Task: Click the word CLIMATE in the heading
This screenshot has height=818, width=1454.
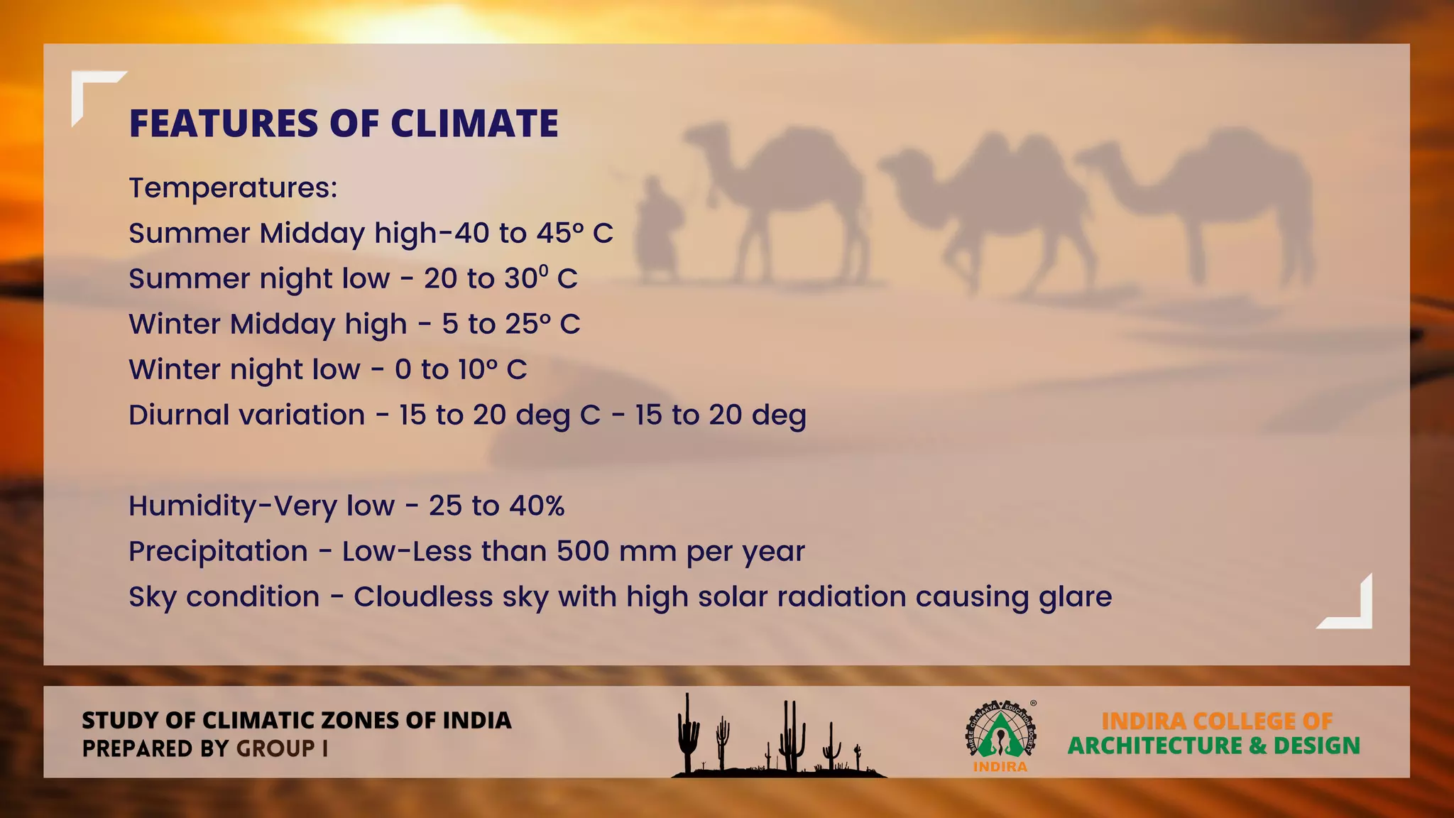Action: coord(474,124)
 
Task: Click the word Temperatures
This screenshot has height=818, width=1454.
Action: coord(232,188)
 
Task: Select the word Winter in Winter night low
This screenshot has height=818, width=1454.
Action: coord(174,370)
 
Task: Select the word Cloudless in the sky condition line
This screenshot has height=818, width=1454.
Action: coord(423,597)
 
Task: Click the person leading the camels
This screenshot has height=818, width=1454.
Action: coord(657,231)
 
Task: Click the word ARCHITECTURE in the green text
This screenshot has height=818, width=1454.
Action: coord(1155,746)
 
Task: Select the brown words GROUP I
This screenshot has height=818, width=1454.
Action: coord(282,748)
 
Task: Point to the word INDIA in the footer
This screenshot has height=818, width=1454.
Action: coord(477,721)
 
